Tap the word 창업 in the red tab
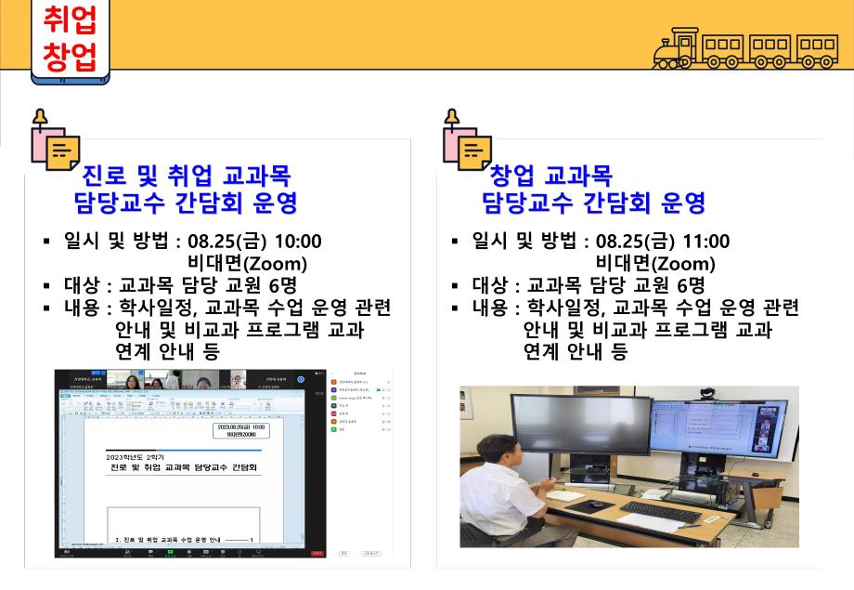70,57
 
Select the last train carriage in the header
818,47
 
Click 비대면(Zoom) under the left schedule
247,264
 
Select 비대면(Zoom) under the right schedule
655,264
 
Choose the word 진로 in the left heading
105,176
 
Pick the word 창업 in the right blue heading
512,176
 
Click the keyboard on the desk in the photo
660,512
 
